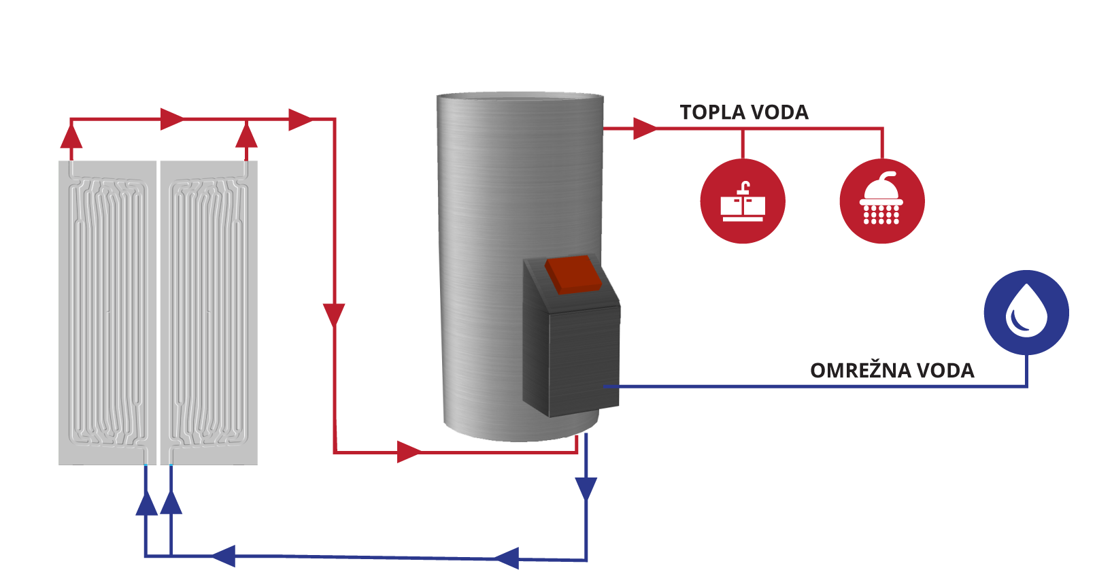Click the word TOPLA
click(710, 113)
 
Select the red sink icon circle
click(743, 201)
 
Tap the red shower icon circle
click(882, 201)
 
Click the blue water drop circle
click(1026, 312)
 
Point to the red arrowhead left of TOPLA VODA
click(644, 128)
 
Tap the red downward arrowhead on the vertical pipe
click(334, 315)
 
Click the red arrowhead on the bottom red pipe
click(409, 451)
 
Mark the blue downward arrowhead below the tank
click(586, 488)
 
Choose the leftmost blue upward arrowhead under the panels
click(146, 503)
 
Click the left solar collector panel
click(107, 313)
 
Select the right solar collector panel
click(208, 313)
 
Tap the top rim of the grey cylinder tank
click(520, 96)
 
